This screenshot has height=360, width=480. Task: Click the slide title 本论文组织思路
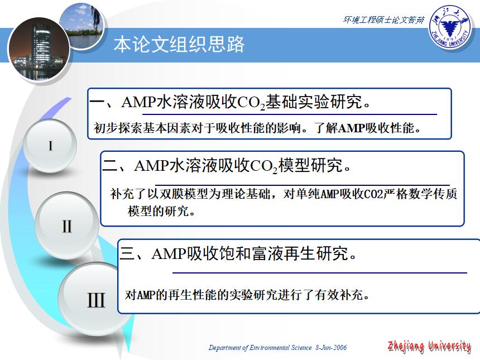tap(179, 45)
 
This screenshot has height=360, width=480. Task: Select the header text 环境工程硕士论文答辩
tap(383, 20)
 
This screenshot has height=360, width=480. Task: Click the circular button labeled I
tap(51, 146)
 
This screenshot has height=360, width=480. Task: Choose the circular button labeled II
tap(66, 226)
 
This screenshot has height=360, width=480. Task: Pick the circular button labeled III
tap(95, 300)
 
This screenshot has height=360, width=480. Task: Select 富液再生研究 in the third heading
tap(296, 254)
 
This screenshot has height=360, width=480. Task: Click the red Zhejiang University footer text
tap(429, 347)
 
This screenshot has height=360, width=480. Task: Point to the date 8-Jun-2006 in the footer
tap(332, 348)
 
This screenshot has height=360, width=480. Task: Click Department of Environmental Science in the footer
tap(260, 348)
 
